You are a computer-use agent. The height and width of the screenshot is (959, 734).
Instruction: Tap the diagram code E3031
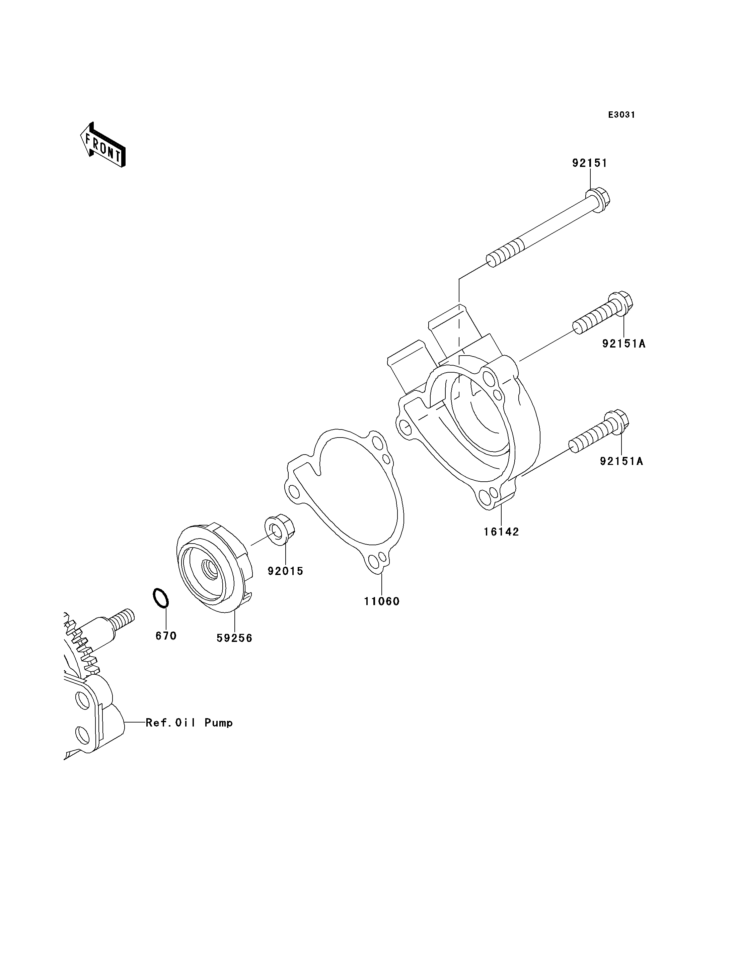click(622, 115)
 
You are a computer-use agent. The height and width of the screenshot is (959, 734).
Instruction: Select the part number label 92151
click(590, 163)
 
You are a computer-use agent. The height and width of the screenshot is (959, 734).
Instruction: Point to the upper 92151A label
click(623, 344)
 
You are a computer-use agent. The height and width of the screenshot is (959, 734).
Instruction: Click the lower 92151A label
click(621, 461)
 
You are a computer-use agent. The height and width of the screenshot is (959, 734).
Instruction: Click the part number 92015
click(285, 571)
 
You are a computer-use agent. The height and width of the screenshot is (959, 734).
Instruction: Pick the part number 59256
click(235, 639)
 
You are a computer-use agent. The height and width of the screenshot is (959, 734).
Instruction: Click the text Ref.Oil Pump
click(189, 723)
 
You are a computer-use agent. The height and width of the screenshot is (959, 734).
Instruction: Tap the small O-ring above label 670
click(160, 598)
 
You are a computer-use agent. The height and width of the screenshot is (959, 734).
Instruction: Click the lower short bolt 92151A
click(599, 433)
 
